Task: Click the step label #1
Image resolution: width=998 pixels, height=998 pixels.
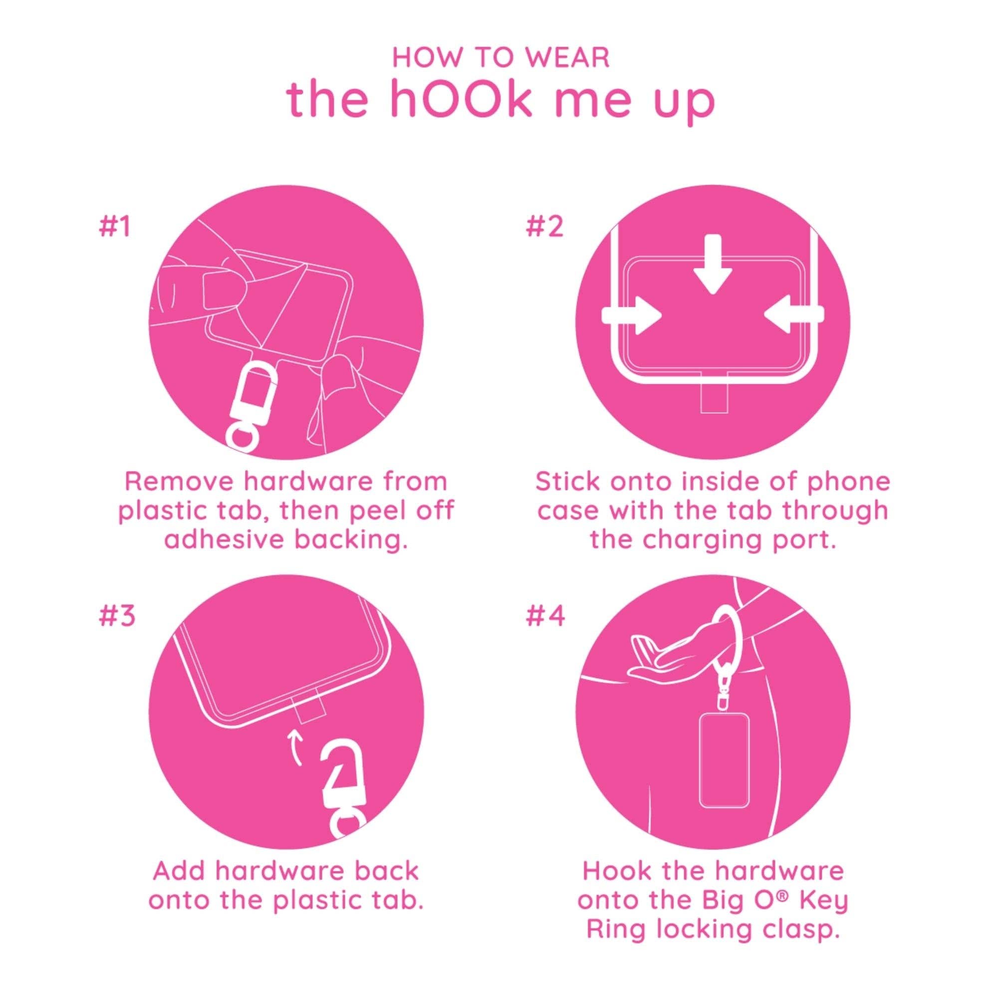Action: click(114, 227)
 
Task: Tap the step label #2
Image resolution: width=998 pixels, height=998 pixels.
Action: click(544, 227)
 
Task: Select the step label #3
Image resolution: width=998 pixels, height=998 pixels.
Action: click(116, 616)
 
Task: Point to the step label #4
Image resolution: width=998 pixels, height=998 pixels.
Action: click(545, 616)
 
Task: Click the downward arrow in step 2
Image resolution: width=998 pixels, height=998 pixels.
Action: click(713, 263)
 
